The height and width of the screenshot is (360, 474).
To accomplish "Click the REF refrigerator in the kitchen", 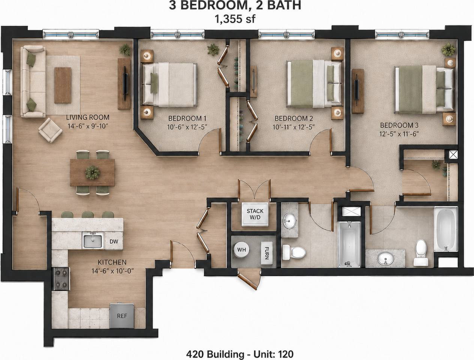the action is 122,316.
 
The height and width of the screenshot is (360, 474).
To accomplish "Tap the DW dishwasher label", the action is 114,241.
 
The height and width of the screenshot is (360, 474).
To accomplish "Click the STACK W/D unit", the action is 255,214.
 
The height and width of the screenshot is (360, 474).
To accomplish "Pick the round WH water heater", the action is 241,250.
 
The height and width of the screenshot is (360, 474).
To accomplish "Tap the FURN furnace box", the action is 267,253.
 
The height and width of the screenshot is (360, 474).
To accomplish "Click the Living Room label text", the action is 88,117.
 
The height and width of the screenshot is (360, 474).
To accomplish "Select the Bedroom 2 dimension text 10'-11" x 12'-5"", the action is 294,127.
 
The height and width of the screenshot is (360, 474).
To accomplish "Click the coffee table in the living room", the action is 63,85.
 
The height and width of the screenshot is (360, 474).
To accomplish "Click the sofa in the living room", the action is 33,81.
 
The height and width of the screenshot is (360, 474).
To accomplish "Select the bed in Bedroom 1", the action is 169,85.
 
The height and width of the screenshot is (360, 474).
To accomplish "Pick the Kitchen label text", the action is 112,262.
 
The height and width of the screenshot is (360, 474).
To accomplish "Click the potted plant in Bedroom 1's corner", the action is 213,49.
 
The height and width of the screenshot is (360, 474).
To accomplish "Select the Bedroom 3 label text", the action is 399,125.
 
